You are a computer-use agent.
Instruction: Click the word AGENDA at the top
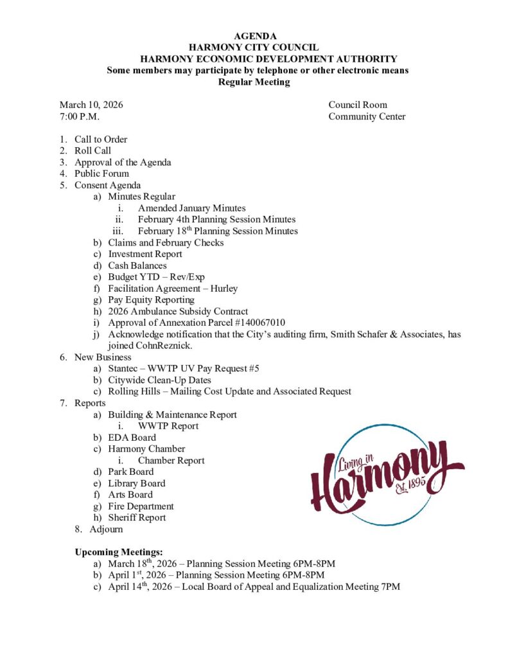coord(254,36)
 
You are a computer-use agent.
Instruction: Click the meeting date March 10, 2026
coord(91,105)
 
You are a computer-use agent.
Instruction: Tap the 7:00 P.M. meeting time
coord(80,116)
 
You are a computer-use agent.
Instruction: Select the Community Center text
coord(367,116)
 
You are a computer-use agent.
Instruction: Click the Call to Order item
coord(101,139)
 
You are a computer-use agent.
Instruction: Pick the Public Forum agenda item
coord(101,173)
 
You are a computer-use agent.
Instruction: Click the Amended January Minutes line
coord(191,208)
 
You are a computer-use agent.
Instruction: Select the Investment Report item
coord(145,254)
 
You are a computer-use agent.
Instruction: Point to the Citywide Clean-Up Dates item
coord(155,380)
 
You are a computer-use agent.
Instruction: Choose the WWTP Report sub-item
coord(168,426)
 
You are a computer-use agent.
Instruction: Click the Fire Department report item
coord(141,506)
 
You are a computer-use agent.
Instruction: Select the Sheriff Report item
coord(137,518)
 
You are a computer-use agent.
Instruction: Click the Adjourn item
coord(106,529)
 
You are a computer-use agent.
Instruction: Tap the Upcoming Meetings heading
coord(119,552)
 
